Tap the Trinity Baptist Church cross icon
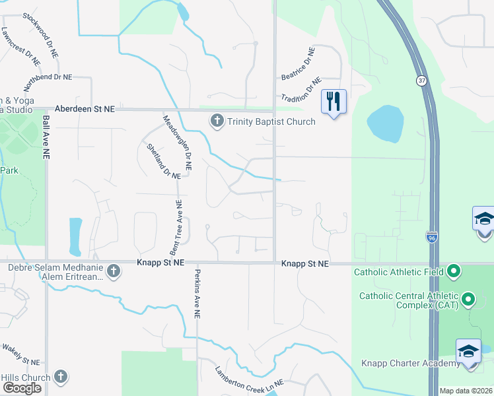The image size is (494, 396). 217,121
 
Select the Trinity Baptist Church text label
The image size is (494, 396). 271,121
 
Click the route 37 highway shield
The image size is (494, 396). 421,81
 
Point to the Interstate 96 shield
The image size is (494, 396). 431,236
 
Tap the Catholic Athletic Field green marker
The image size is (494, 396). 454,271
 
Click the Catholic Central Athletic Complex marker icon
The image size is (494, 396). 469,300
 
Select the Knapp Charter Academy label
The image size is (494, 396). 410,364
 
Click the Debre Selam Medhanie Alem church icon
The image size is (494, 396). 114,271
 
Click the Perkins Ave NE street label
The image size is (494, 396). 197,294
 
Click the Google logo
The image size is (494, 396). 22,388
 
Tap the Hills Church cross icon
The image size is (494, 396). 60,377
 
